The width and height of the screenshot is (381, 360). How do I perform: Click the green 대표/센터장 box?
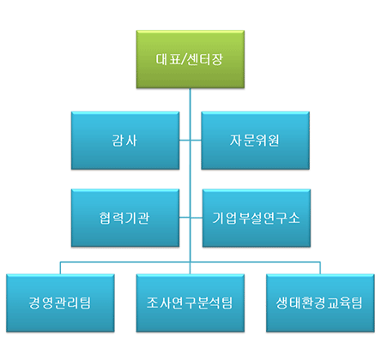(190, 59)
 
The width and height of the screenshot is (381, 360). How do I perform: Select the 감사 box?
(125, 141)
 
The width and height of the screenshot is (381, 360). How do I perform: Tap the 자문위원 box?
(255, 141)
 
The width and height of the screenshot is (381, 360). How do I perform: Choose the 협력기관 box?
(125, 218)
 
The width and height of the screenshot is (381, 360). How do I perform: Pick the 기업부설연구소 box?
(257, 218)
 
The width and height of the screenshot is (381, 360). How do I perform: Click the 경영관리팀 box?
(60, 303)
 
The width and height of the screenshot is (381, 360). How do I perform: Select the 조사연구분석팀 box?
(190, 303)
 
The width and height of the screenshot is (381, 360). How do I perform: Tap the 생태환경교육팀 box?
(320, 303)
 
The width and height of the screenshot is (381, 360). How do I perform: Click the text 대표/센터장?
(190, 59)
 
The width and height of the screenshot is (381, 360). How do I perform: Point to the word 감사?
(124, 141)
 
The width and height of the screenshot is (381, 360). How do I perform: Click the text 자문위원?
(255, 141)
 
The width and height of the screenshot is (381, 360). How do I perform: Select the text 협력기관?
(124, 218)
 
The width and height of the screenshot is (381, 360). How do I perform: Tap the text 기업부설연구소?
(256, 218)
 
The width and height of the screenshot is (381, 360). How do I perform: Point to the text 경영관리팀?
(60, 303)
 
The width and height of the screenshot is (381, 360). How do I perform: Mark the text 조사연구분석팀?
(190, 303)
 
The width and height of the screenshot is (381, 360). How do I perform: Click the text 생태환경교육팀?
(319, 303)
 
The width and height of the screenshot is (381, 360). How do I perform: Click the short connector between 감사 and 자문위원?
(190, 141)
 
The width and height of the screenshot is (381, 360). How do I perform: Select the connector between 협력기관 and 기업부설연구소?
(190, 218)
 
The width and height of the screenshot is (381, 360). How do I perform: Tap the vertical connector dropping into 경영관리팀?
(60, 268)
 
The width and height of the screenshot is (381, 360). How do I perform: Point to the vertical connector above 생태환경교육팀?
(320, 268)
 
